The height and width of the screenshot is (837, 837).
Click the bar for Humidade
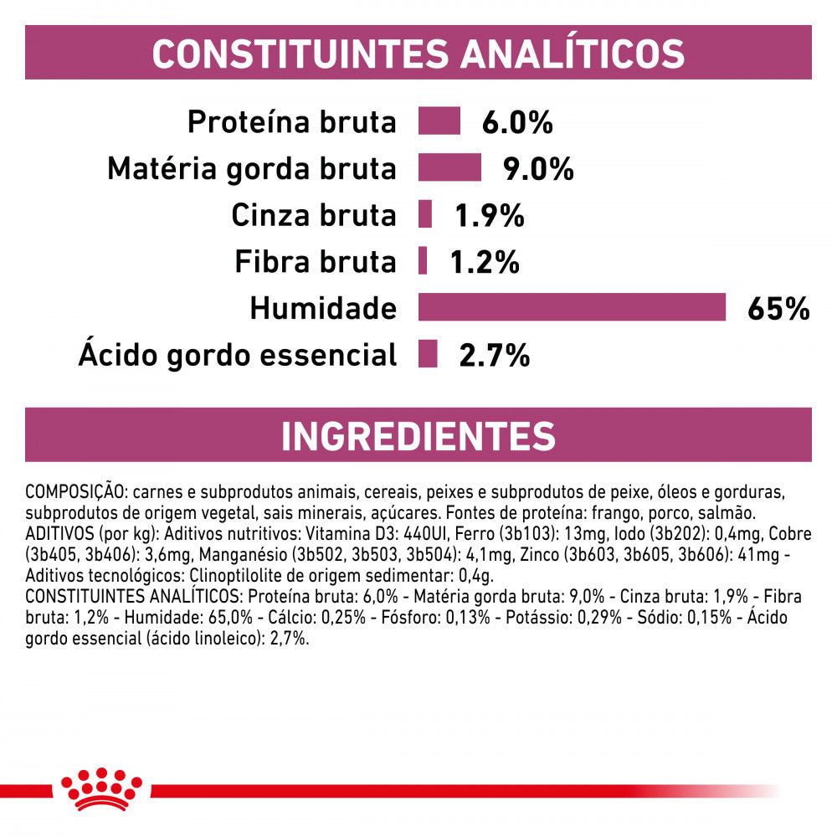(572, 307)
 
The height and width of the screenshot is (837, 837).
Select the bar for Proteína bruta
(439, 121)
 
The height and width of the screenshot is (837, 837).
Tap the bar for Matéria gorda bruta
(449, 167)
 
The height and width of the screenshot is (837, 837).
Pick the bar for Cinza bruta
(425, 214)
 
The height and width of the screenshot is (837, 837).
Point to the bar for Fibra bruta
(423, 261)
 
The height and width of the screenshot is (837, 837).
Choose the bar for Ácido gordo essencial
(428, 354)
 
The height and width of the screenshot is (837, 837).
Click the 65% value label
(778, 309)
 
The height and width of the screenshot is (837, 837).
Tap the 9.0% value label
(538, 169)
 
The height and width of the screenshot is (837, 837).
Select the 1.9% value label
(489, 216)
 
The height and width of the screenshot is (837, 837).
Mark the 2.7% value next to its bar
(494, 356)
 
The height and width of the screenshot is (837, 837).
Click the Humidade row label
(322, 309)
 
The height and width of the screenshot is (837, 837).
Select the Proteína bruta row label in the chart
(290, 122)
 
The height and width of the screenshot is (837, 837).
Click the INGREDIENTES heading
(418, 436)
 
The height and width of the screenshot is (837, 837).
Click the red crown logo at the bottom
(101, 788)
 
